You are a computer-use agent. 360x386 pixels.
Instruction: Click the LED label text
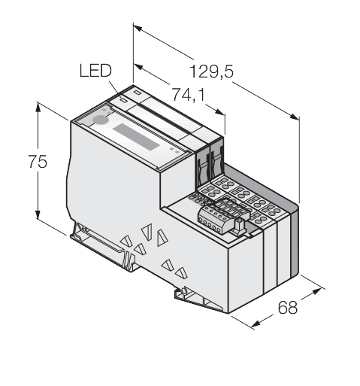click(95, 71)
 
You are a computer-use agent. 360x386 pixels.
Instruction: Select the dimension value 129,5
click(212, 71)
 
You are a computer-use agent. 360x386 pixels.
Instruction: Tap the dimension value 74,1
click(188, 95)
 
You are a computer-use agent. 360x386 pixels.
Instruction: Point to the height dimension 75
click(38, 162)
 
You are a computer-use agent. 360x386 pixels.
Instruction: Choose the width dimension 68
click(288, 307)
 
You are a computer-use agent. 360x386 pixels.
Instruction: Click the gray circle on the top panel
click(101, 120)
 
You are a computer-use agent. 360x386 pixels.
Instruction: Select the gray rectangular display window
click(136, 137)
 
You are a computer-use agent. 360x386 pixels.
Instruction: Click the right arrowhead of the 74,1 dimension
click(219, 112)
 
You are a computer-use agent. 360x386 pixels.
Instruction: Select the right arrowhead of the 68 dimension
click(316, 291)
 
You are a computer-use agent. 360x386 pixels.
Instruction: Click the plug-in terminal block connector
click(224, 216)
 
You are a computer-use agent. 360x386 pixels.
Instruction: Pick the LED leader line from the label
click(115, 89)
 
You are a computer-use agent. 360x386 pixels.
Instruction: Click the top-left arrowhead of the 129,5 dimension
click(138, 28)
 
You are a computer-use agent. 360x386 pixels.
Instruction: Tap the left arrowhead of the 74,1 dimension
click(139, 67)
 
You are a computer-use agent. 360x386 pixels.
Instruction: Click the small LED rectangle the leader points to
click(123, 100)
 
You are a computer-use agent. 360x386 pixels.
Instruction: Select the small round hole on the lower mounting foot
click(183, 291)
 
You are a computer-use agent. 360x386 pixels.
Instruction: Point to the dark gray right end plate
click(295, 241)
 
